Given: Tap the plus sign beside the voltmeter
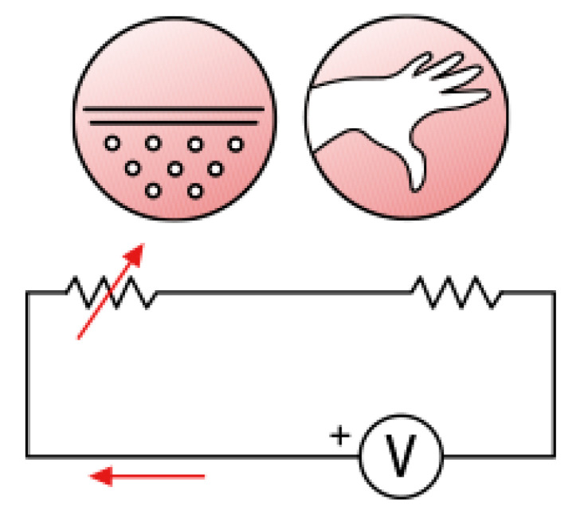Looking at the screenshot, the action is (340, 436).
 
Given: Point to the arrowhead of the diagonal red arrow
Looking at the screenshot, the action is (136, 253).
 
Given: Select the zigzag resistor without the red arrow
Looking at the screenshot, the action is (457, 292).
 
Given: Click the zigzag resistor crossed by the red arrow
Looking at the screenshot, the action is (111, 292).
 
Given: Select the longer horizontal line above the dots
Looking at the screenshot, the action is (174, 108).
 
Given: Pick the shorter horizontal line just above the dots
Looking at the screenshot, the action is (174, 123).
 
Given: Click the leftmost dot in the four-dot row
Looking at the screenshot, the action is (113, 144).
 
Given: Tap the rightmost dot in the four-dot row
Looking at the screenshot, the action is (235, 144).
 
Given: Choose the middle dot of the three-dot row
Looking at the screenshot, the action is (174, 168).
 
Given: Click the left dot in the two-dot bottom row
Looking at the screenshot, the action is (154, 191).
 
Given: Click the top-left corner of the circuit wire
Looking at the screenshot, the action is (27, 293).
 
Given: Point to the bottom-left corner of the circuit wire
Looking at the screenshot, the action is (27, 457).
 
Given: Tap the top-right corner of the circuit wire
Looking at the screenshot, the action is (554, 293).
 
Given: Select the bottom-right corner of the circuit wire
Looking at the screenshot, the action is (554, 457).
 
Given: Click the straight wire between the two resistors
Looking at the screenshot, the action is (283, 293).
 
